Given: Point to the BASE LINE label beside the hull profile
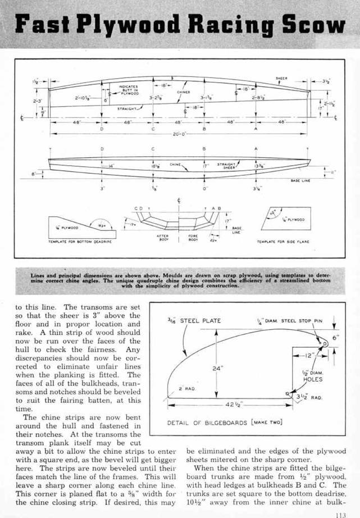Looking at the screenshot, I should point(299,180).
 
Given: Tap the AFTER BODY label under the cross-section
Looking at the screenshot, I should point(164,238).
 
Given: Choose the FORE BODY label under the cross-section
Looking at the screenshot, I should point(193,238).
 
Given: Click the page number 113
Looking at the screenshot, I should point(339,512).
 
